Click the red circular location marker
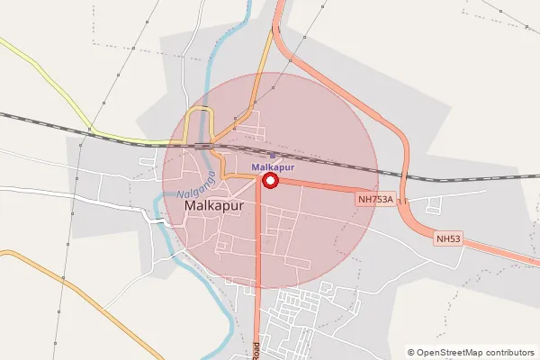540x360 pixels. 270,181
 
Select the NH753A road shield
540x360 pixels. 375,200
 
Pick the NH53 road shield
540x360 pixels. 447,238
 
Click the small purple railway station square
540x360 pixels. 273,155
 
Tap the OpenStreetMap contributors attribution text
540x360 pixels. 471,352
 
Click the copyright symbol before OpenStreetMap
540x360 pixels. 411,352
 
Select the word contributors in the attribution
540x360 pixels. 507,352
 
